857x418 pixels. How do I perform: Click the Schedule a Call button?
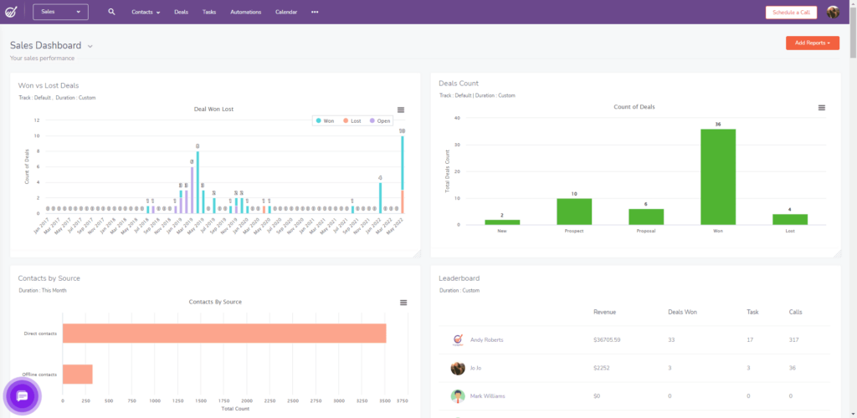pyautogui.click(x=791, y=13)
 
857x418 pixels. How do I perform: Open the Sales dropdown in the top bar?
pyautogui.click(x=60, y=12)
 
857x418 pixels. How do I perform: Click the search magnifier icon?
pyautogui.click(x=112, y=13)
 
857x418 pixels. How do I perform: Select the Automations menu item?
pyautogui.click(x=245, y=13)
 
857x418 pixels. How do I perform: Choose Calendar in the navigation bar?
pyautogui.click(x=287, y=13)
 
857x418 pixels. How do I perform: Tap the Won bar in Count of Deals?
pyautogui.click(x=718, y=176)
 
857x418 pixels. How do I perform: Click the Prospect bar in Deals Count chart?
pyautogui.click(x=574, y=211)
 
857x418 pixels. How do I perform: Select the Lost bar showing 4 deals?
pyautogui.click(x=789, y=219)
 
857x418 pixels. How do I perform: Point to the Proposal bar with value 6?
pyautogui.click(x=646, y=216)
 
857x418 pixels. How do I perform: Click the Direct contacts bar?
pyautogui.click(x=223, y=333)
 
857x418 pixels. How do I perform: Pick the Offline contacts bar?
pyautogui.click(x=77, y=374)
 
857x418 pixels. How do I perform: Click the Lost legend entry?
pyautogui.click(x=351, y=121)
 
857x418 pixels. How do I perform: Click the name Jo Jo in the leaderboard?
pyautogui.click(x=476, y=368)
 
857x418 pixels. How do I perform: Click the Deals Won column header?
pyautogui.click(x=682, y=312)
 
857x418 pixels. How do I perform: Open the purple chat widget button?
pyautogui.click(x=23, y=395)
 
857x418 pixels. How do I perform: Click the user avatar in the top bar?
pyautogui.click(x=833, y=13)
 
